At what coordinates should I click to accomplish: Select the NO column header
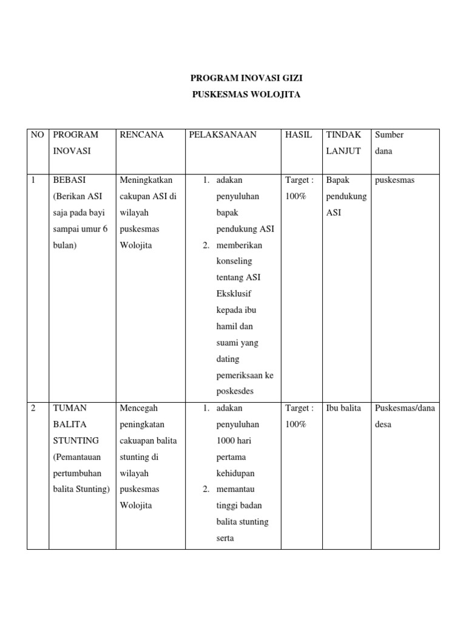pyautogui.click(x=38, y=135)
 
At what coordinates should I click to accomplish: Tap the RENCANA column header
pyautogui.click(x=142, y=135)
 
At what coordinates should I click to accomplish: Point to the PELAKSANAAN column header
pyautogui.click(x=223, y=135)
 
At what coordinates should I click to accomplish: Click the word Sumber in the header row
pyautogui.click(x=389, y=135)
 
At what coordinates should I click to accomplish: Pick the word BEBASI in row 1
pyautogui.click(x=69, y=180)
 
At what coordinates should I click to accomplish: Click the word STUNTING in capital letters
pyautogui.click(x=75, y=440)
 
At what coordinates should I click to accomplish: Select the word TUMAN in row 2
pyautogui.click(x=70, y=408)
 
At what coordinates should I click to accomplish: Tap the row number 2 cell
pyautogui.click(x=33, y=408)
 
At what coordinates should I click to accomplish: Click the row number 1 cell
pyautogui.click(x=33, y=180)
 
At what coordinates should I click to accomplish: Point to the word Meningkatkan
pyautogui.click(x=146, y=180)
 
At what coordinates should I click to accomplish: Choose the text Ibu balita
pyautogui.click(x=343, y=408)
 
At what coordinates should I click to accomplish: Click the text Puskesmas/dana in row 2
pyautogui.click(x=405, y=408)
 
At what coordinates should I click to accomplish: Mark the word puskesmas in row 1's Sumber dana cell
pyautogui.click(x=395, y=180)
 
